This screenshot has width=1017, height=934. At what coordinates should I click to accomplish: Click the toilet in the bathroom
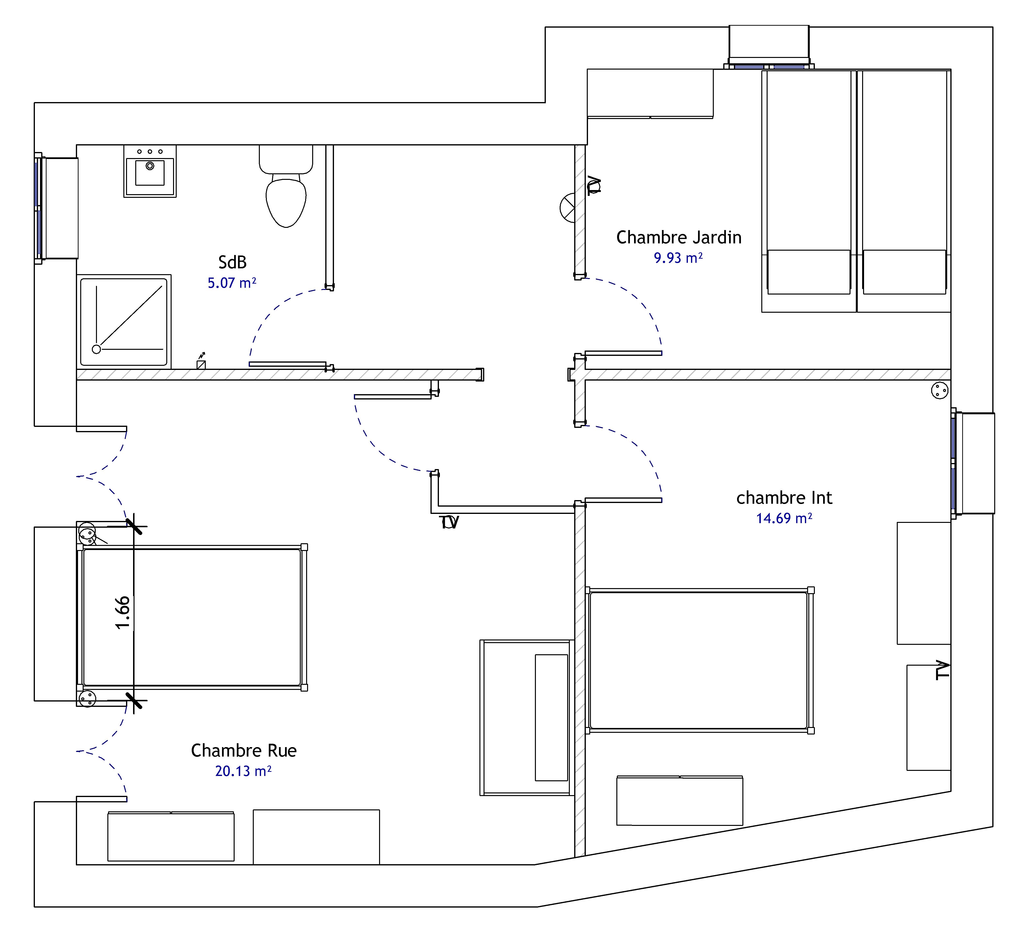[x=286, y=192]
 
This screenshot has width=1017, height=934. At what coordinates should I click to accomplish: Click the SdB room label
[x=232, y=262]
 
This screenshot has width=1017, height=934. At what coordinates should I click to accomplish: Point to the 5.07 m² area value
[x=232, y=283]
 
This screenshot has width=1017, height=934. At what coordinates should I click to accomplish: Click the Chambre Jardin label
[x=678, y=238]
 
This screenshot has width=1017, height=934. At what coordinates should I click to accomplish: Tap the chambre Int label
[x=784, y=498]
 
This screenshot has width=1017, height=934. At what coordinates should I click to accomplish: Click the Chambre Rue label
[x=244, y=750]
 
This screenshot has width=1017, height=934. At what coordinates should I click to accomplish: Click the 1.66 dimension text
[x=123, y=613]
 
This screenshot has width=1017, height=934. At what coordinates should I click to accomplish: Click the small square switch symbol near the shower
[x=201, y=364]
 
